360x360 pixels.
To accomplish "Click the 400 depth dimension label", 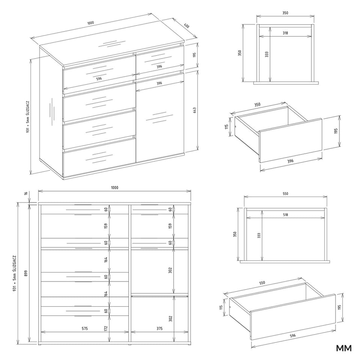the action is click(187, 26).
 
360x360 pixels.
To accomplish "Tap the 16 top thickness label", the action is click(26, 193).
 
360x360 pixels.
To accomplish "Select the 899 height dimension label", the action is click(26, 273).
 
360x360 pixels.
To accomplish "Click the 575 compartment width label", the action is click(85, 328).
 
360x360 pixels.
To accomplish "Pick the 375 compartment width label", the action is click(159, 328).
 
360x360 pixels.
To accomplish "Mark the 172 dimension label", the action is click(106, 329).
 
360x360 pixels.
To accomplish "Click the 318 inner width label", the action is click(285, 33).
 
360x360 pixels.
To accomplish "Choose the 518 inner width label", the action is click(285, 214).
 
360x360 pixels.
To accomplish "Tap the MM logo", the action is click(344, 348).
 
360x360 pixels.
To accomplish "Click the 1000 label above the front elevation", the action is click(114, 187).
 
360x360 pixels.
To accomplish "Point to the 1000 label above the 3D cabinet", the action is click(91, 23).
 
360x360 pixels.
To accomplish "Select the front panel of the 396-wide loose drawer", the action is click(291, 141).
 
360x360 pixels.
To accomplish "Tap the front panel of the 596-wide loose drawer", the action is click(293, 317).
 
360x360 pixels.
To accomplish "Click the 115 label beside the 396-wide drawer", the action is click(226, 126).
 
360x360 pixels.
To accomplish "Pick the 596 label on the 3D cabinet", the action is click(99, 78).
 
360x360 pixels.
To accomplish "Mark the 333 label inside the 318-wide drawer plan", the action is click(267, 54).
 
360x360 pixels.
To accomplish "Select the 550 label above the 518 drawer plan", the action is click(285, 193).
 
